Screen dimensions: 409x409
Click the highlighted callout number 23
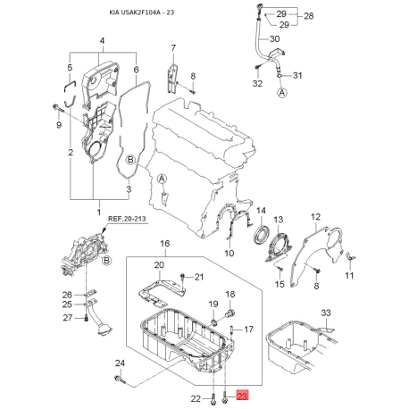click(x=243, y=397)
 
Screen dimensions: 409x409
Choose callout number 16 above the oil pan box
click(x=164, y=243)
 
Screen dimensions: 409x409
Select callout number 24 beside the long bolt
click(x=121, y=363)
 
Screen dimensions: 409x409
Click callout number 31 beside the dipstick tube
click(x=299, y=75)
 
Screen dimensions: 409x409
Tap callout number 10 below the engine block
click(x=230, y=254)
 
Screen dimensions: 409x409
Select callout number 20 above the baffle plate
click(x=160, y=265)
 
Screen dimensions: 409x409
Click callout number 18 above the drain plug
click(x=230, y=295)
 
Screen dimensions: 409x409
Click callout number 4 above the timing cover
click(x=102, y=41)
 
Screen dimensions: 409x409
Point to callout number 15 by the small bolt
click(x=279, y=284)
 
